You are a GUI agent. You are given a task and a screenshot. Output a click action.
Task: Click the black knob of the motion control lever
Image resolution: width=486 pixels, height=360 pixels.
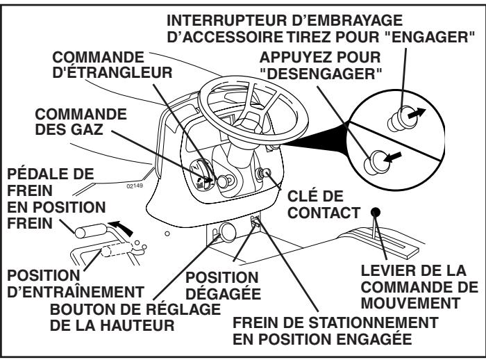pos(376,211)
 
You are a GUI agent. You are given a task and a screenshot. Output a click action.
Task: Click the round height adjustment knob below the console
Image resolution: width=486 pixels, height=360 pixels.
pos(225,231)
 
